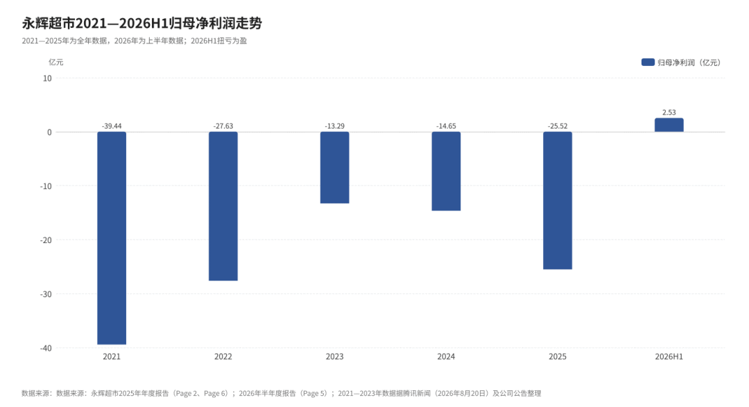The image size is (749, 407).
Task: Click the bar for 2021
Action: [x=112, y=238]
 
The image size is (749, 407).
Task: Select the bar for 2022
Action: [x=223, y=206]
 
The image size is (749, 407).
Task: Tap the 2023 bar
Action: [x=334, y=167]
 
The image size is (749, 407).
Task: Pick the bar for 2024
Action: [x=446, y=172]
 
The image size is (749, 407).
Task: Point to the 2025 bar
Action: [x=558, y=201]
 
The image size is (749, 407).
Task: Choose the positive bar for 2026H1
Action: [x=669, y=125]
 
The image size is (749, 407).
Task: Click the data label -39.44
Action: [x=112, y=126]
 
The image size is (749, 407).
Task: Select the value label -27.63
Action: [x=223, y=126]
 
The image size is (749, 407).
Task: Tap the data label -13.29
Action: [x=334, y=126]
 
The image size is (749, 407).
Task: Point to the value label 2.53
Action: [x=669, y=113]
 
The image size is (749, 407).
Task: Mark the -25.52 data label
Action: [x=558, y=126]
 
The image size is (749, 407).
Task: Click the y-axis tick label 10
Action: [x=47, y=78]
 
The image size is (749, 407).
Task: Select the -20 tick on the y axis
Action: [x=46, y=240]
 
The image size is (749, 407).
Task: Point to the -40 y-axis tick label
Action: [x=46, y=348]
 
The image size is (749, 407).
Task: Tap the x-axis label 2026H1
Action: [x=669, y=357]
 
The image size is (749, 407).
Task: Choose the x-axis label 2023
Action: [x=334, y=357]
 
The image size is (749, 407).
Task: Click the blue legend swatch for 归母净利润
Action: [x=648, y=63]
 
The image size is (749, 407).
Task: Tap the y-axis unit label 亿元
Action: [x=56, y=63]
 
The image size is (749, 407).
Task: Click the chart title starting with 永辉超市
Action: [x=142, y=23]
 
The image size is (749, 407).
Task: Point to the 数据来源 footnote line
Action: [x=282, y=393]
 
